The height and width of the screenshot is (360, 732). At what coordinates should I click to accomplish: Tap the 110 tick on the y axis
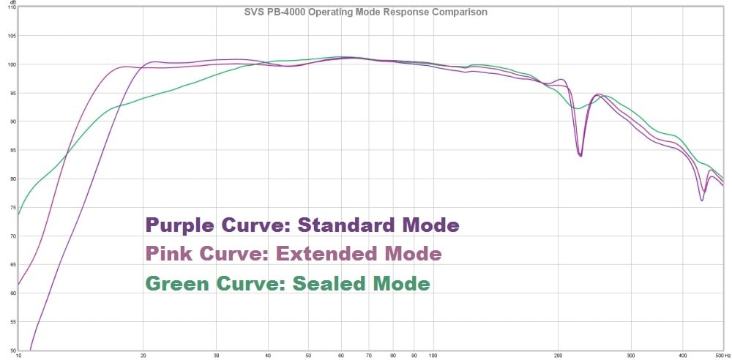pos(11,7)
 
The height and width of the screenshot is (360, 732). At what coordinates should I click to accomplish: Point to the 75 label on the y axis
pos(12,208)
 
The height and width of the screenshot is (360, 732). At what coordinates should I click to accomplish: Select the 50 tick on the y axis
pos(12,350)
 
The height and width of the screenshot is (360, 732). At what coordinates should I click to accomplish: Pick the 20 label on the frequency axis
pos(143,356)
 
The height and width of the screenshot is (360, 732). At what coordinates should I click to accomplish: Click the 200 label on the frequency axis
pos(558,356)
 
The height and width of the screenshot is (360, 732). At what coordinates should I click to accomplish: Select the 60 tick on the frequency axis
pos(340,356)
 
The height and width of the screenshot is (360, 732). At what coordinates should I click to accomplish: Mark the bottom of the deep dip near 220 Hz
pos(580,156)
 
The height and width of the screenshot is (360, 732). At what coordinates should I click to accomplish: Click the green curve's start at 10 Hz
pos(19,215)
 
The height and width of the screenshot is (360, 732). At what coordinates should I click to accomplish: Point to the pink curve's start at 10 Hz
pos(19,285)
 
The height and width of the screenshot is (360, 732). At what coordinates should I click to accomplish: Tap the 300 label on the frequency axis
pos(631,356)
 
